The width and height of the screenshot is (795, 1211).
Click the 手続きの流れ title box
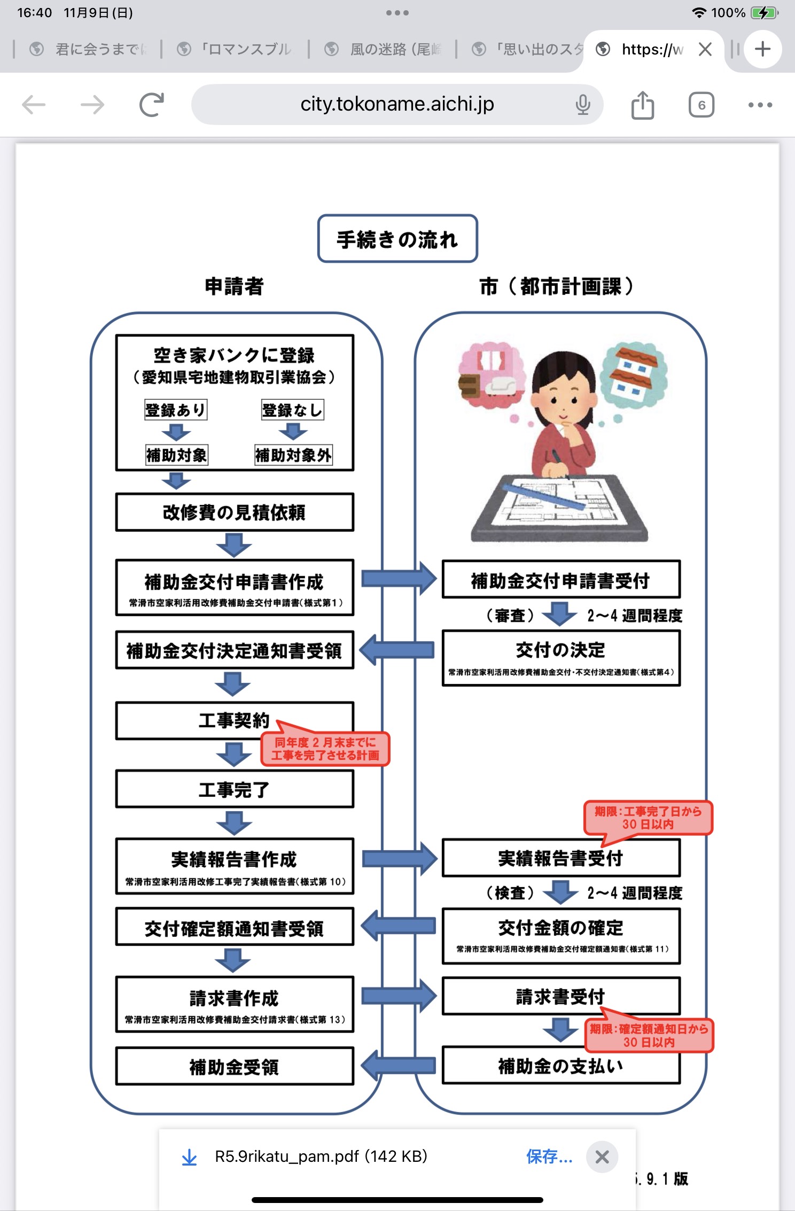(x=397, y=239)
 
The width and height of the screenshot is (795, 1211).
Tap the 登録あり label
(x=175, y=410)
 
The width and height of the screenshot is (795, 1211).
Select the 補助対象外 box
(x=293, y=455)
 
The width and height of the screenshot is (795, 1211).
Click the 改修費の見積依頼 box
(x=235, y=512)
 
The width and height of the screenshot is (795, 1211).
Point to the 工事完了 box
(x=235, y=789)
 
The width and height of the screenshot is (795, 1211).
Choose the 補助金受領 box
(x=235, y=1067)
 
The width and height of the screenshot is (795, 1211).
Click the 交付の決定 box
(x=561, y=657)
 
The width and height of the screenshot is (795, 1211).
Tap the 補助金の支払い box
(x=561, y=1066)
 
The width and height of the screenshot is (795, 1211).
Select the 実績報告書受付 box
(x=561, y=858)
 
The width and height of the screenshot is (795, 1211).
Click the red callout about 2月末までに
(x=325, y=749)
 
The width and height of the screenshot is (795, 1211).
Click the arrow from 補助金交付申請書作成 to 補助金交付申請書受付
(x=399, y=578)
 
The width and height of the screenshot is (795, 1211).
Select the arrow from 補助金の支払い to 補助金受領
(x=399, y=1066)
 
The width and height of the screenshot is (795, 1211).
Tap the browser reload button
(x=152, y=105)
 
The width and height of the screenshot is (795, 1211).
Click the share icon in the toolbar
(x=642, y=105)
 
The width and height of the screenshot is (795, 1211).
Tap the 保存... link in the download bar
(x=549, y=1156)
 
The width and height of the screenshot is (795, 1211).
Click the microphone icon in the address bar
(x=583, y=105)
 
